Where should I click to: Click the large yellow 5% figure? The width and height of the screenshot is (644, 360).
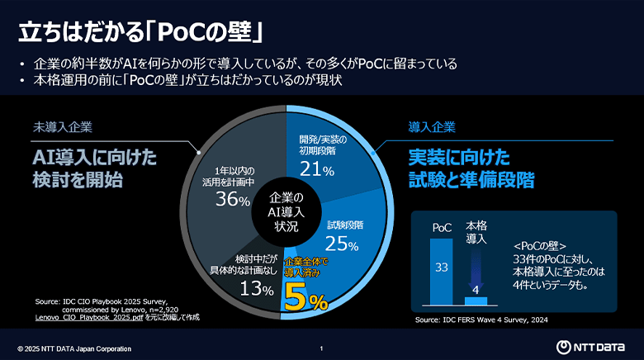pos(306,300)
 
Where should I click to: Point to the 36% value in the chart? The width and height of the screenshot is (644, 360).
pos(232,200)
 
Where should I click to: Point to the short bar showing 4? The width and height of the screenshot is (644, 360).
pos(476,300)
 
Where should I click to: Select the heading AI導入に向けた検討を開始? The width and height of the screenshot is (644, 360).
pos(94,168)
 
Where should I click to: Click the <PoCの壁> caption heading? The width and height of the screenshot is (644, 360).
pos(538,244)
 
